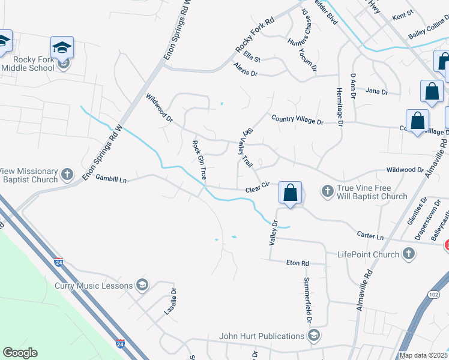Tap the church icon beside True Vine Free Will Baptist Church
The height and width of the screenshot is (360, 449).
click(x=327, y=191)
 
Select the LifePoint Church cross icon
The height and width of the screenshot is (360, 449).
click(x=408, y=254)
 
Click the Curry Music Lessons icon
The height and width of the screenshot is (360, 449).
click(x=142, y=284)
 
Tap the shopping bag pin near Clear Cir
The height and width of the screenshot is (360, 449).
click(x=290, y=193)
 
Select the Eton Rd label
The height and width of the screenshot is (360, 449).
click(x=297, y=263)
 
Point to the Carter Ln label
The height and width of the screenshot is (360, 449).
click(x=371, y=237)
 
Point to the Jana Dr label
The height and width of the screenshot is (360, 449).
click(x=376, y=92)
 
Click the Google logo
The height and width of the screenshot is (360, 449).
click(x=20, y=353)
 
